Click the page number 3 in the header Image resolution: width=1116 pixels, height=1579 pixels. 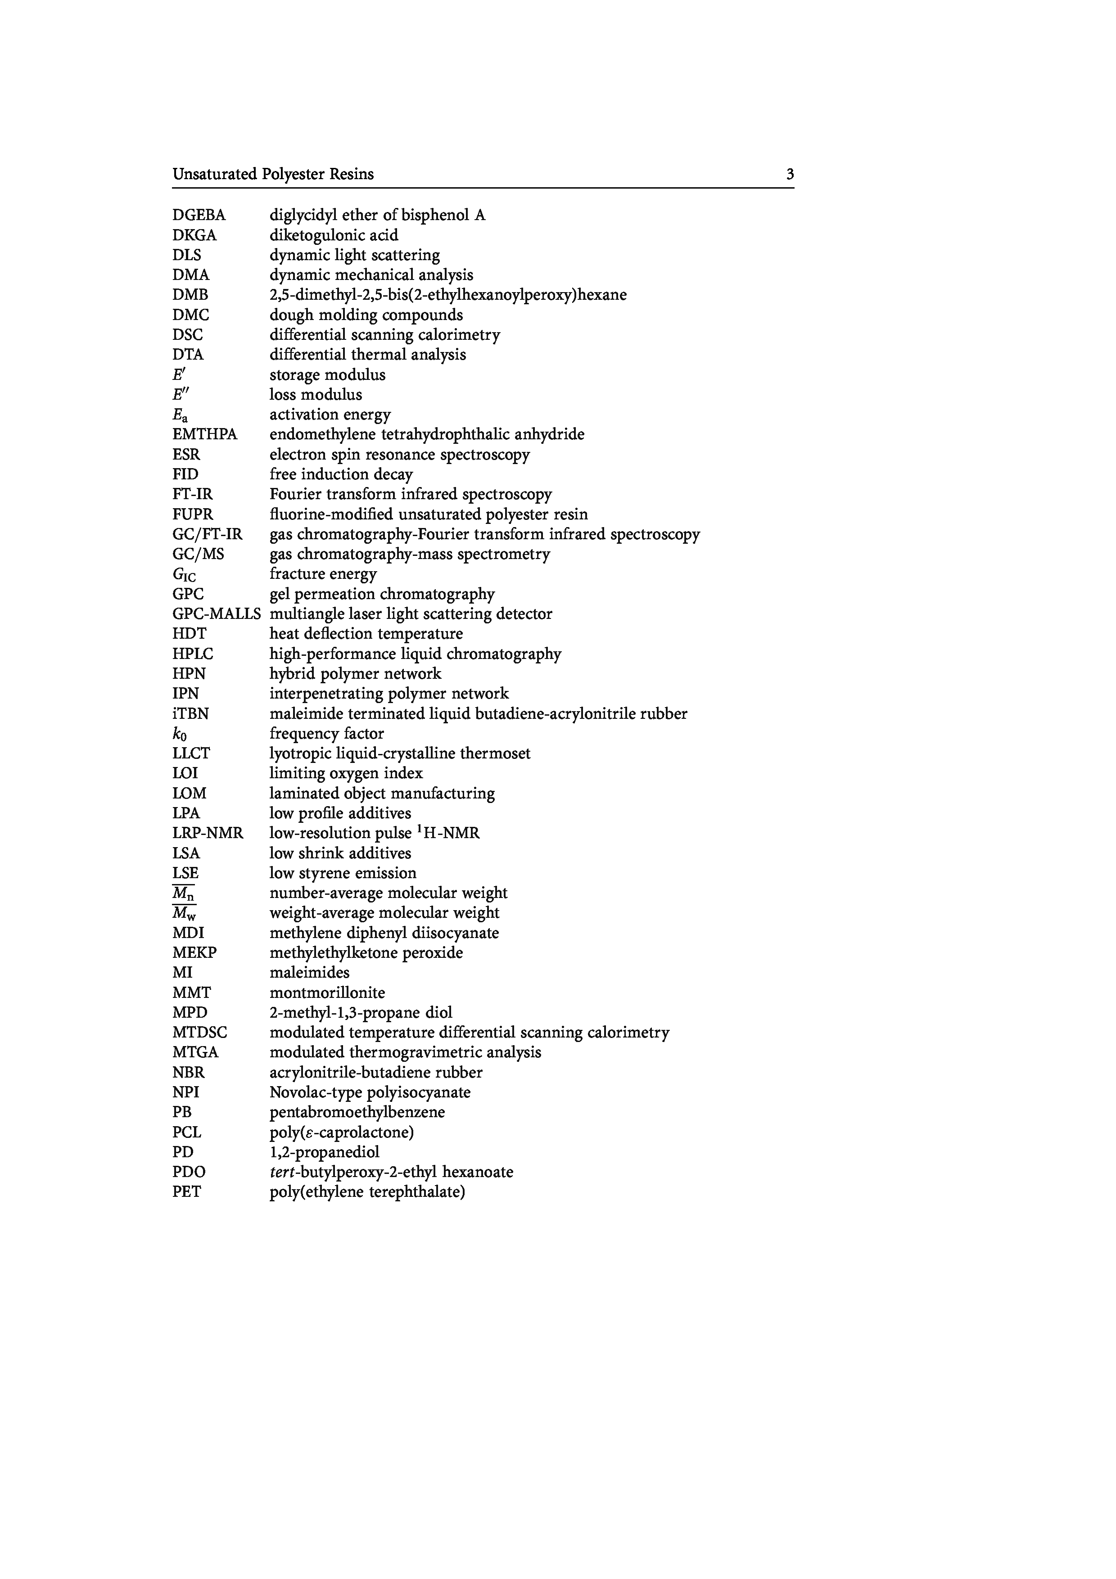(x=790, y=175)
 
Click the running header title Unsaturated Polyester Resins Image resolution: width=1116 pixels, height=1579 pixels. (x=273, y=175)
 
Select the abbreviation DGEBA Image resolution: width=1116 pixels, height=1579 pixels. (x=199, y=215)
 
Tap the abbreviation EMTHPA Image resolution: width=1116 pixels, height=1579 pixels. (x=204, y=435)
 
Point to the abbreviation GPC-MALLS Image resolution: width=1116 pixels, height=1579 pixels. (x=217, y=614)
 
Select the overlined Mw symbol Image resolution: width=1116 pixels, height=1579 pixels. (x=184, y=914)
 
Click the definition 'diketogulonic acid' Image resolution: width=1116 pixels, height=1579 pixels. (x=334, y=235)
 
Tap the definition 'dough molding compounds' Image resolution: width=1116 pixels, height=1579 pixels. (x=366, y=315)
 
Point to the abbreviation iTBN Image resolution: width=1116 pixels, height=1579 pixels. (x=190, y=714)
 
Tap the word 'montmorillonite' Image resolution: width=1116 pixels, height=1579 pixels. (x=327, y=993)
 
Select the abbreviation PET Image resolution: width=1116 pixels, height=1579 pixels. (x=186, y=1192)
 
